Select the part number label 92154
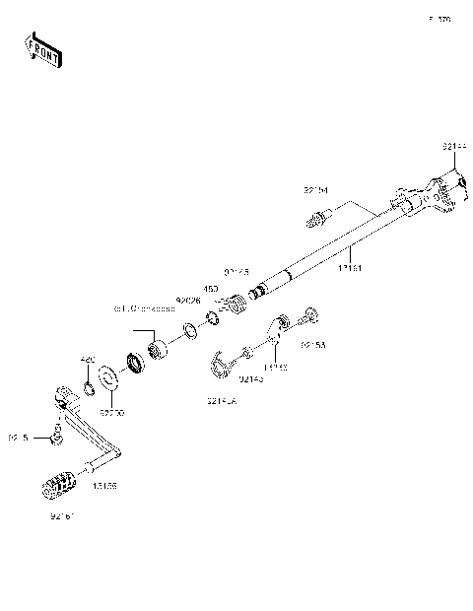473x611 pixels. coord(315,190)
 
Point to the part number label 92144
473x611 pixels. coord(453,147)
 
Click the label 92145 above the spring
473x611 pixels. coord(236,271)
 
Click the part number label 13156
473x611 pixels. coord(105,486)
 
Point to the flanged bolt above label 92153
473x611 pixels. coord(310,317)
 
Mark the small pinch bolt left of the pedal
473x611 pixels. coord(57,435)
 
